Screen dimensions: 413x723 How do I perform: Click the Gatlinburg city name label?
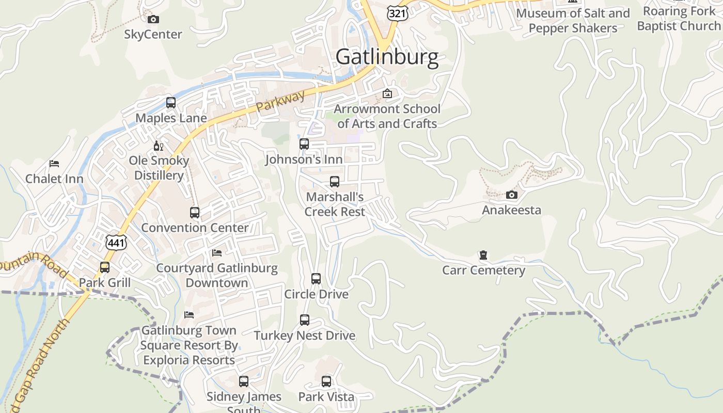tap(387, 56)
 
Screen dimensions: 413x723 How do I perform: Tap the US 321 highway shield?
tap(398, 13)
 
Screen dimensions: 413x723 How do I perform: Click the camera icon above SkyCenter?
tap(153, 20)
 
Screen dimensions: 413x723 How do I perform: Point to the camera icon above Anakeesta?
tap(512, 195)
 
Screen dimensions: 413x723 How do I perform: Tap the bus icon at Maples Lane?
tap(171, 103)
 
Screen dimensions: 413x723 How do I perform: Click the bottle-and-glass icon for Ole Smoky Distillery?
tap(159, 146)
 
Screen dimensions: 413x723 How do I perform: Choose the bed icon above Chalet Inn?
tap(54, 164)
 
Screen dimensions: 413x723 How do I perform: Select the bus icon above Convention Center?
tap(195, 213)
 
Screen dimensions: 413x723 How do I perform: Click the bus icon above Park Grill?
tap(105, 267)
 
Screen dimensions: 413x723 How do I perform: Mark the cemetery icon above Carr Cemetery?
tap(483, 255)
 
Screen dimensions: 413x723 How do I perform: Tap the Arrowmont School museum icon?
tap(387, 93)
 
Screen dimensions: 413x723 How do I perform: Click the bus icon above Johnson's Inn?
tap(304, 144)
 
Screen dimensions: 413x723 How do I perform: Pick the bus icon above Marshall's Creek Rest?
tap(335, 182)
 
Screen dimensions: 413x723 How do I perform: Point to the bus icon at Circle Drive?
tap(316, 279)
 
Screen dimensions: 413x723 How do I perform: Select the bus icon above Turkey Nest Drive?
tap(305, 320)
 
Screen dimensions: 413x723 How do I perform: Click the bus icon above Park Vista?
tap(326, 382)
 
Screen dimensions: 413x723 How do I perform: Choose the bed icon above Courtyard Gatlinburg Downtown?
tap(217, 253)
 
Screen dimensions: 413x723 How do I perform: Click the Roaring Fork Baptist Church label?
tap(679, 18)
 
